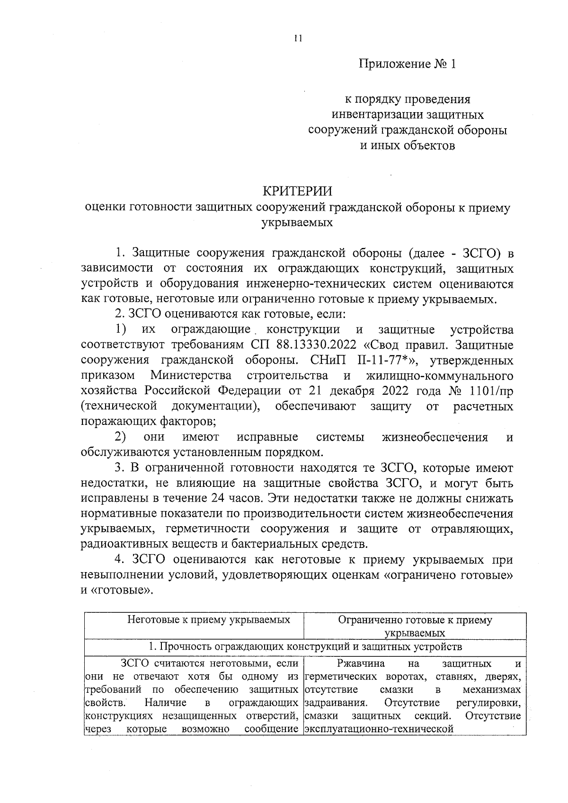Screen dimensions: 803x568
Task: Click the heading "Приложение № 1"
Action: click(x=407, y=64)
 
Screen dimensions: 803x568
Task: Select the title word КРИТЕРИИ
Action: click(x=297, y=191)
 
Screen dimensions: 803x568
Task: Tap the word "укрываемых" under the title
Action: click(x=297, y=222)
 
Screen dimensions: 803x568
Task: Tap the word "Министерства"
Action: click(x=191, y=376)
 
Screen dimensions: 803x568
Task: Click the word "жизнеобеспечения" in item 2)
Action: click(x=435, y=437)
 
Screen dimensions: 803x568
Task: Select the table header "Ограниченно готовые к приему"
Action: click(x=415, y=620)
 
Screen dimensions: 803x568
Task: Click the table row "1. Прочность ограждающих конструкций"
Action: click(x=305, y=647)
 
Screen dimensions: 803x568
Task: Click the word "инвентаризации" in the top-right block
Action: click(x=374, y=115)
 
